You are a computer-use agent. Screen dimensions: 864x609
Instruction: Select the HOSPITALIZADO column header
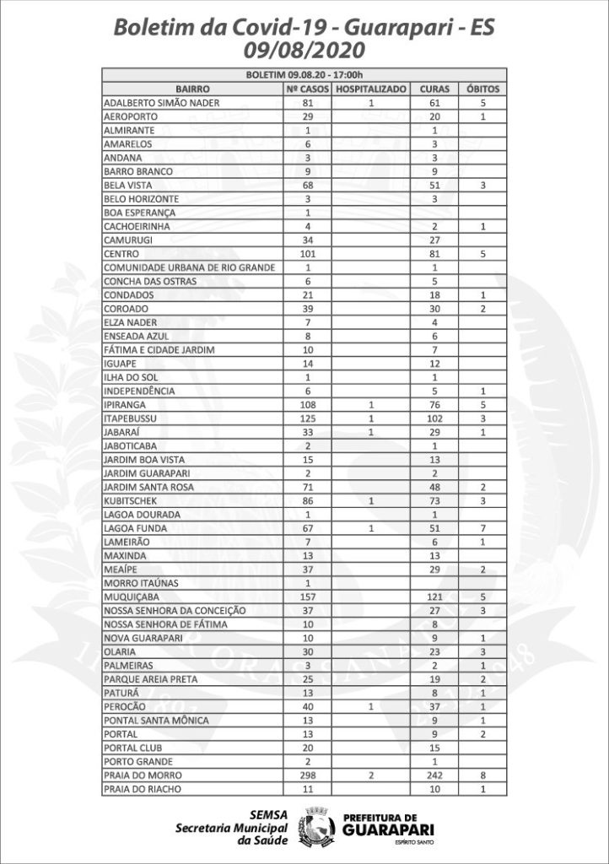pyautogui.click(x=371, y=89)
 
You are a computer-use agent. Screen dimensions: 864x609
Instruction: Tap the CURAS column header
pyautogui.click(x=434, y=89)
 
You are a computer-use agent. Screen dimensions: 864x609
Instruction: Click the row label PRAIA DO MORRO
pyautogui.click(x=142, y=775)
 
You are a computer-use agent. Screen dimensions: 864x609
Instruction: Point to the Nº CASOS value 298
pyautogui.click(x=307, y=775)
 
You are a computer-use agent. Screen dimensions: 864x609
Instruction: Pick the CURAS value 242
pyautogui.click(x=434, y=775)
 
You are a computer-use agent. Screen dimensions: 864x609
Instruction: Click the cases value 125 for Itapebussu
pyautogui.click(x=307, y=418)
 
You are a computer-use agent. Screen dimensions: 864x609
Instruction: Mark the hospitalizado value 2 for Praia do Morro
pyautogui.click(x=371, y=775)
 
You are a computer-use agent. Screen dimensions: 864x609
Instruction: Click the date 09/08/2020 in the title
pyautogui.click(x=304, y=52)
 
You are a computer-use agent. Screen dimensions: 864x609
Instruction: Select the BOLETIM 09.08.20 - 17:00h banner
pyautogui.click(x=304, y=74)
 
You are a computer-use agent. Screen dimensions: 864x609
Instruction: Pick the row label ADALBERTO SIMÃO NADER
pyautogui.click(x=161, y=102)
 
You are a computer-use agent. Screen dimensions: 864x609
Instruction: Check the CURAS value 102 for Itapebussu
pyautogui.click(x=434, y=418)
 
